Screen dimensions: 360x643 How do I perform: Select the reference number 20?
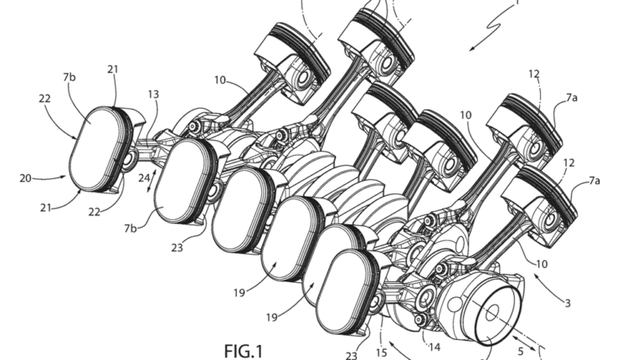click(x=25, y=178)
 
